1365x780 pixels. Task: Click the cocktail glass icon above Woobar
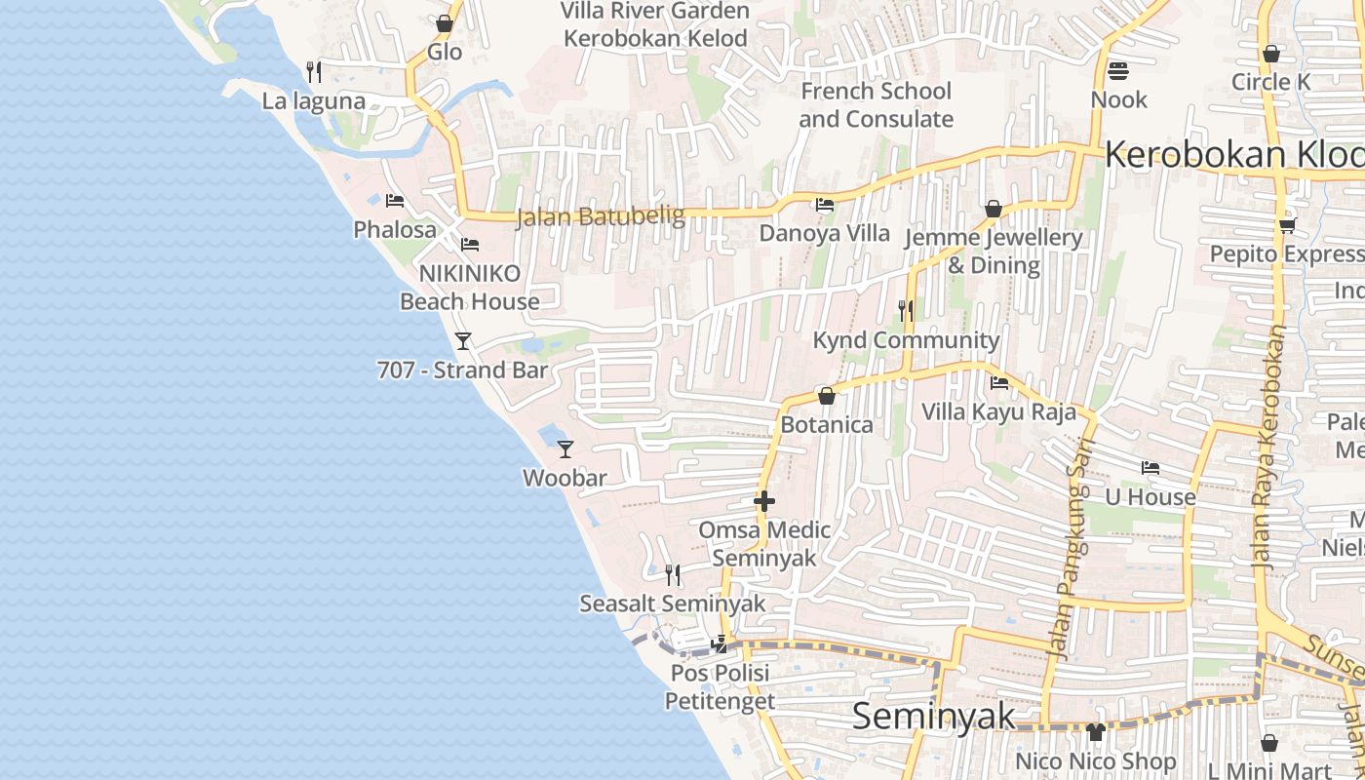point(565,449)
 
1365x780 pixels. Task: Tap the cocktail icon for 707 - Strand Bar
point(463,341)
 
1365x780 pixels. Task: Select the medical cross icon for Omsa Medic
point(764,501)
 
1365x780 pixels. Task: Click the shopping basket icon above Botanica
point(827,396)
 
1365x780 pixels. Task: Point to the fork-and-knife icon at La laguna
point(314,71)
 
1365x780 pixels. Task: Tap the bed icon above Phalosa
point(395,201)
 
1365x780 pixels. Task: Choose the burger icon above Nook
point(1118,70)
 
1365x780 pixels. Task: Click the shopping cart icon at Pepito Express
point(1287,226)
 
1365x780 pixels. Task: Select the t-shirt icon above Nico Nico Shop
point(1096,732)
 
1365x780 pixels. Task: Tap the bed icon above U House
point(1150,468)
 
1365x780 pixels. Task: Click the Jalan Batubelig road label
point(600,216)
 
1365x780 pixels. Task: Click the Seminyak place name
point(933,717)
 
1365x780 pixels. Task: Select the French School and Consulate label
point(876,105)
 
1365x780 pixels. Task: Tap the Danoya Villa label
point(825,233)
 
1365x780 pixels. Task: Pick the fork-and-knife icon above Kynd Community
point(907,311)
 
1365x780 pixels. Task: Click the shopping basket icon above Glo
point(445,23)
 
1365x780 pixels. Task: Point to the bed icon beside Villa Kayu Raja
point(999,383)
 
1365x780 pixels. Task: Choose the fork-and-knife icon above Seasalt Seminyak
point(673,574)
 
